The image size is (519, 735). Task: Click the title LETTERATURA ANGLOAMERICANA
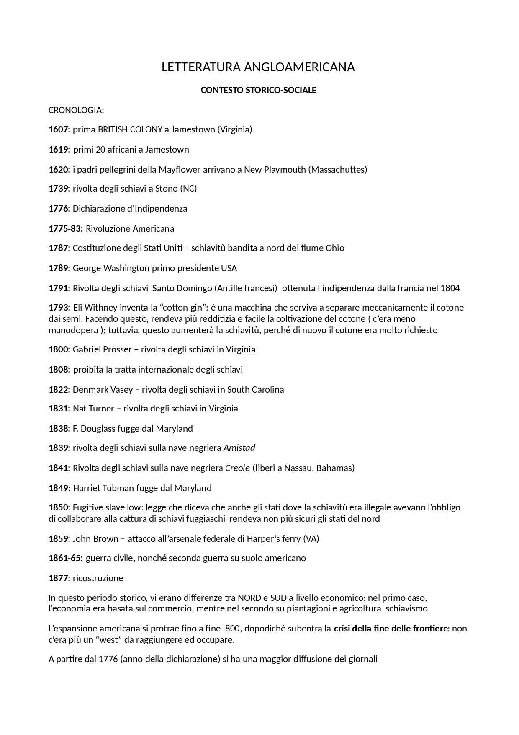point(258,67)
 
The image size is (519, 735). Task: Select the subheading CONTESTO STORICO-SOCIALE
point(258,90)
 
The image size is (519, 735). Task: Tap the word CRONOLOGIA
point(75,110)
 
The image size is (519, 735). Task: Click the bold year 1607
point(59,129)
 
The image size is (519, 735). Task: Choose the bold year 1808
point(59,370)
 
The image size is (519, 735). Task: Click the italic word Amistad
point(239,448)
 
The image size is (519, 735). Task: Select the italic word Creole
point(237,468)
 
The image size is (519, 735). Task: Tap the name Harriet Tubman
point(100,488)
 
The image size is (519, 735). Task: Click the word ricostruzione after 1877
point(98,578)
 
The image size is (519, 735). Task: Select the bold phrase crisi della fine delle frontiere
point(391,629)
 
